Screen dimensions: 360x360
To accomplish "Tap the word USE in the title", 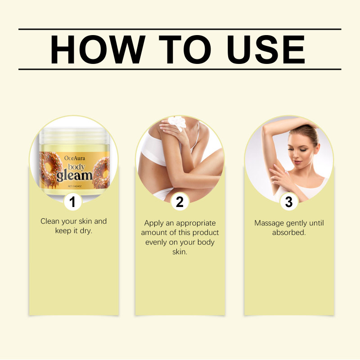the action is (265, 49).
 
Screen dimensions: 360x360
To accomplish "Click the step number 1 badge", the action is (73, 202).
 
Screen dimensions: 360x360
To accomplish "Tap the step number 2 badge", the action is (180, 202).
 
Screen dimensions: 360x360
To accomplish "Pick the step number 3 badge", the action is (289, 202).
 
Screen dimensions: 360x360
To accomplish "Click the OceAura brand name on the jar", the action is (75, 158).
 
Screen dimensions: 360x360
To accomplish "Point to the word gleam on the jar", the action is (74, 176).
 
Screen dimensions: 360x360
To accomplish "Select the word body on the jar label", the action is (76, 167).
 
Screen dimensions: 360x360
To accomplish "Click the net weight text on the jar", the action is (75, 186).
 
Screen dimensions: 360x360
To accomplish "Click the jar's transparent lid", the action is (74, 136).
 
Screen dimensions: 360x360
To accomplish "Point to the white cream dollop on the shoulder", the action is (177, 122).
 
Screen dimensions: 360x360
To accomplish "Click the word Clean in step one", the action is (50, 221).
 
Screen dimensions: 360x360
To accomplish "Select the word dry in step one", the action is (86, 231).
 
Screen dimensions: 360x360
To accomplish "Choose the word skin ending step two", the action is (180, 252).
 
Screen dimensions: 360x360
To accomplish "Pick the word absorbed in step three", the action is (289, 233).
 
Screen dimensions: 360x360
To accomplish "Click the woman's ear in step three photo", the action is (317, 148).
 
